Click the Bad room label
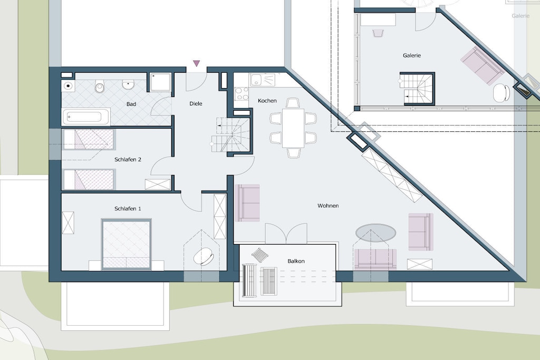pos(131,104)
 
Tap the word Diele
pos(196,104)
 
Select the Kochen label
pos(267,101)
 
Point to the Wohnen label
pos(328,206)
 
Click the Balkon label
pos(296,261)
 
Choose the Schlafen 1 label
pos(128,209)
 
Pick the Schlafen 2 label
pos(128,160)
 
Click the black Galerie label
pos(412,55)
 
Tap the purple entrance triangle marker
pos(196,63)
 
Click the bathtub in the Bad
pos(86,117)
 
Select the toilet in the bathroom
pos(100,86)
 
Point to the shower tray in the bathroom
pos(160,83)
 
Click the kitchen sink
pos(263,80)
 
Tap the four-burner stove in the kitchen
pos(242,93)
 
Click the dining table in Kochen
pos(293,128)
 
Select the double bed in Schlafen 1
pos(127,245)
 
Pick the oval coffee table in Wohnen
pos(375,233)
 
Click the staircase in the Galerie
pos(418,89)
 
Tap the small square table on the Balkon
pos(260,255)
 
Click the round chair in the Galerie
pos(502,93)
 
